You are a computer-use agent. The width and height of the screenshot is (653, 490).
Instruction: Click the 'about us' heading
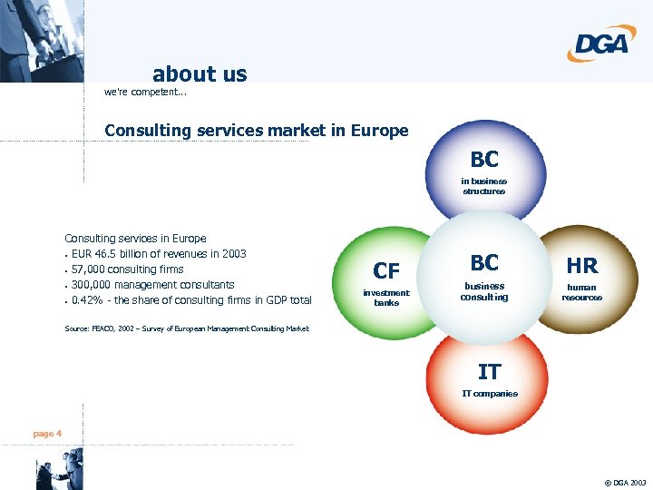tap(200, 74)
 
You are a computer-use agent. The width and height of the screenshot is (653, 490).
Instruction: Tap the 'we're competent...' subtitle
tap(146, 92)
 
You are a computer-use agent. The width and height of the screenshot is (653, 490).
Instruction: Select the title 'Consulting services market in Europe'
tap(257, 130)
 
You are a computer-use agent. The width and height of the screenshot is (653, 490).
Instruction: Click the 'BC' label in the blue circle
tap(484, 160)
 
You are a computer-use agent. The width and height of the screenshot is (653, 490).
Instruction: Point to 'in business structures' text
tap(484, 186)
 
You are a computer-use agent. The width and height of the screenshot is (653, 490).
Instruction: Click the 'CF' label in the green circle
tap(386, 270)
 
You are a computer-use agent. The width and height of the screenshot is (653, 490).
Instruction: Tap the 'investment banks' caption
tap(386, 297)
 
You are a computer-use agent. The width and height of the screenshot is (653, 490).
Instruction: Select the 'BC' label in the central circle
tap(484, 263)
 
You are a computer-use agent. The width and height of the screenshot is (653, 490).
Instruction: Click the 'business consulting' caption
tap(484, 291)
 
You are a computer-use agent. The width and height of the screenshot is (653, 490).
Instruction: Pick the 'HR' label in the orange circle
tap(581, 265)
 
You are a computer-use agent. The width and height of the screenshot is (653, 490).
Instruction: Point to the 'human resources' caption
tap(581, 291)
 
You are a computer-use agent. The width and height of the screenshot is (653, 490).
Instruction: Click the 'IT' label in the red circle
tap(490, 370)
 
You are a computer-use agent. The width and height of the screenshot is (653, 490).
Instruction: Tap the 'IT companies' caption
tap(490, 394)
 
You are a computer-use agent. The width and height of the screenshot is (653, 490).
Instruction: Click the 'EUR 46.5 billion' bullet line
tap(159, 254)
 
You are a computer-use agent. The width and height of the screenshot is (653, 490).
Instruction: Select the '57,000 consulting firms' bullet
tap(127, 269)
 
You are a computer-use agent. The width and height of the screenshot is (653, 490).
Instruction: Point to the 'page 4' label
tap(47, 434)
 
